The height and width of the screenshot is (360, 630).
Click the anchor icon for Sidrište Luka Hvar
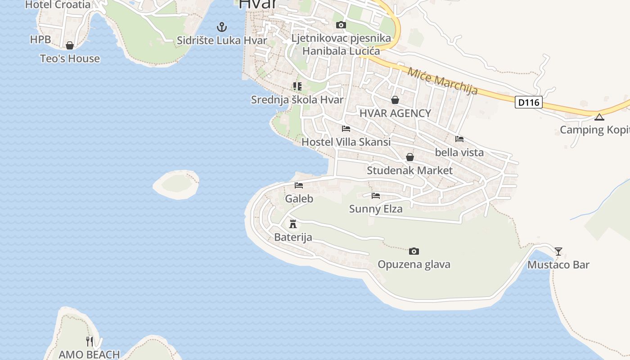pyautogui.click(x=221, y=27)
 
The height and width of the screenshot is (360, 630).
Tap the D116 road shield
pyautogui.click(x=528, y=103)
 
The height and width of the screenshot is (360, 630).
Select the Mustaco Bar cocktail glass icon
pyautogui.click(x=558, y=251)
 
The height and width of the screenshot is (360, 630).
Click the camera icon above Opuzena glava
pyautogui.click(x=414, y=251)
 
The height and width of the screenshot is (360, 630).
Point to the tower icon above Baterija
pyautogui.click(x=293, y=224)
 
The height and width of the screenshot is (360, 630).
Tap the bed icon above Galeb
pyautogui.click(x=299, y=185)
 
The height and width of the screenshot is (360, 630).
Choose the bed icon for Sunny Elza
pyautogui.click(x=376, y=195)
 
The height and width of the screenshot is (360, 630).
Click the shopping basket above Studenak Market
pyautogui.click(x=409, y=157)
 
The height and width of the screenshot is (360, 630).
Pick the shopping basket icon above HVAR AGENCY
pyautogui.click(x=395, y=99)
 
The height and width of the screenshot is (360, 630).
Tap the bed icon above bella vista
pyautogui.click(x=459, y=139)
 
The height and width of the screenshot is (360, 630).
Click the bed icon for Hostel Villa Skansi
pyautogui.click(x=346, y=128)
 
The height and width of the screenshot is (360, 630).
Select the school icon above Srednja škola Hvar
pyautogui.click(x=297, y=86)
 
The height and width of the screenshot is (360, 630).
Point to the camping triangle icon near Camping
pyautogui.click(x=598, y=117)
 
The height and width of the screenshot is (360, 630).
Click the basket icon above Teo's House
pyautogui.click(x=70, y=45)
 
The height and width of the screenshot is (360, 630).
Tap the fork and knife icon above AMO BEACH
pyautogui.click(x=90, y=341)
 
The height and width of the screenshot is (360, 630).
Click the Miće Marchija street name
pyautogui.click(x=443, y=81)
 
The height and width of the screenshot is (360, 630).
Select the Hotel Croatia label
pyautogui.click(x=58, y=5)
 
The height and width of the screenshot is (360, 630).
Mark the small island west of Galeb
pyautogui.click(x=176, y=184)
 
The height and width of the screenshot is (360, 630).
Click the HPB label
pyautogui.click(x=40, y=40)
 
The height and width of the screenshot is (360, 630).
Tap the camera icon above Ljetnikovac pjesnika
pyautogui.click(x=341, y=25)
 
